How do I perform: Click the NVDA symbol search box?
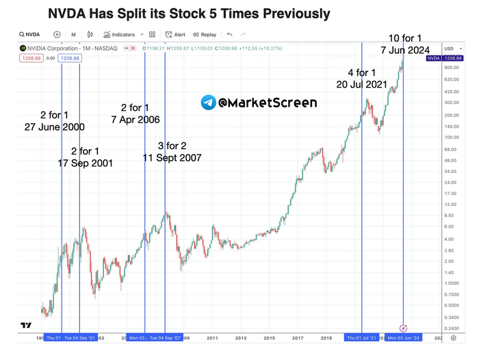coord(31,34)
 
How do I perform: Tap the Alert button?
coord(176,34)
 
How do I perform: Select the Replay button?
coord(205,34)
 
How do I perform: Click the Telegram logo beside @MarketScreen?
coord(209,103)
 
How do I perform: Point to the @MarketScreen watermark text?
coord(268,103)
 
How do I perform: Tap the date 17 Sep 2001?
coord(86,163)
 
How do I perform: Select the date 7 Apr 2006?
coord(140,120)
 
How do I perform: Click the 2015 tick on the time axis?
coord(270,338)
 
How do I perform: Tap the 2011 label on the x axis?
coord(213,338)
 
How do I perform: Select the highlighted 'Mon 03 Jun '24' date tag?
coord(404,338)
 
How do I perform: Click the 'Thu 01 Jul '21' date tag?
coord(361,338)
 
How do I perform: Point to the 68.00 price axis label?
coord(451,150)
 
